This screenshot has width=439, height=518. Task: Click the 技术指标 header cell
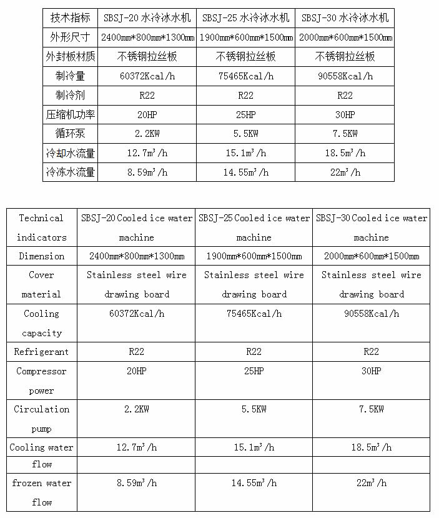[x=69, y=17]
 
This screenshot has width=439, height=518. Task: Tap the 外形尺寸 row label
[x=69, y=37]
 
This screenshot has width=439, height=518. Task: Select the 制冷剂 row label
[x=69, y=95]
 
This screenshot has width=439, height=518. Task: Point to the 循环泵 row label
[x=69, y=134]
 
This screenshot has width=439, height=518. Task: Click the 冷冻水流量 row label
[x=69, y=172]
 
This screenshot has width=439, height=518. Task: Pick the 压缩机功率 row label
[x=69, y=114]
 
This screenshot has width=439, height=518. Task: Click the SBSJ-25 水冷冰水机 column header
[x=246, y=17]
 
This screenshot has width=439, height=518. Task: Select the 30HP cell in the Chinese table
[x=345, y=114]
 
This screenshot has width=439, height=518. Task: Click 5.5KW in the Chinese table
[x=246, y=134]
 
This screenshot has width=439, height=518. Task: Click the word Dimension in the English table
[x=41, y=256]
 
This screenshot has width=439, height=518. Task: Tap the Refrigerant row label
[x=41, y=352]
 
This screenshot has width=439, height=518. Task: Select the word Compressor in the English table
[x=41, y=371]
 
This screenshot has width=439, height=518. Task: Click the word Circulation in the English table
[x=41, y=409]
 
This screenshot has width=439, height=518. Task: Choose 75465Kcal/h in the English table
[x=254, y=314]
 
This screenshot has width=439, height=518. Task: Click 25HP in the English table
[x=254, y=371]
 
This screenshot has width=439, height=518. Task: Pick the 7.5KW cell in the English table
[x=371, y=409]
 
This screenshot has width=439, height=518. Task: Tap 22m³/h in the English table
[x=371, y=483]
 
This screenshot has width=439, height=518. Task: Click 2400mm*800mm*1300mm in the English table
[x=136, y=256]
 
